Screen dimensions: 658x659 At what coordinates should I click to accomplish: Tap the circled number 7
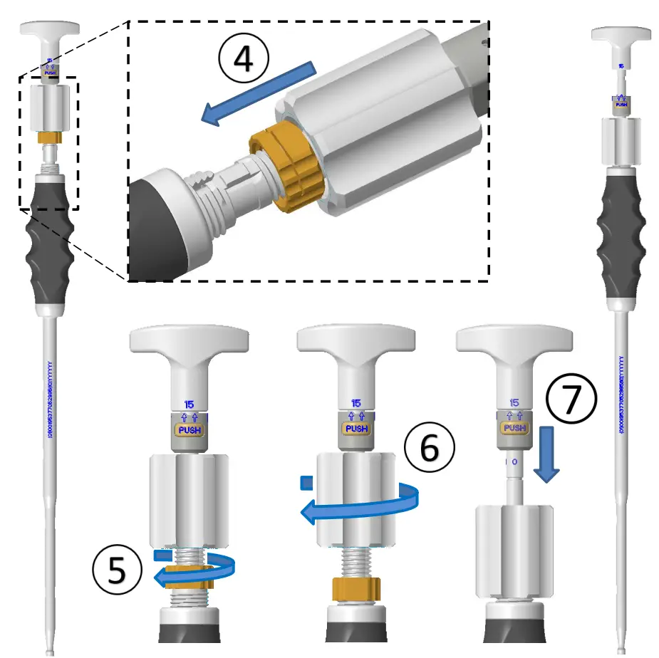point(571,399)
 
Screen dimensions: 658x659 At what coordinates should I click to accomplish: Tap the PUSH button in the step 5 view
point(190,431)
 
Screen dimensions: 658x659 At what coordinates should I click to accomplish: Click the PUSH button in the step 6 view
point(356,429)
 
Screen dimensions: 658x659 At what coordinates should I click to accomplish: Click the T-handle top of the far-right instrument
point(622,35)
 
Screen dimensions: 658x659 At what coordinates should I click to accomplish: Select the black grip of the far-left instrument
point(50,242)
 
